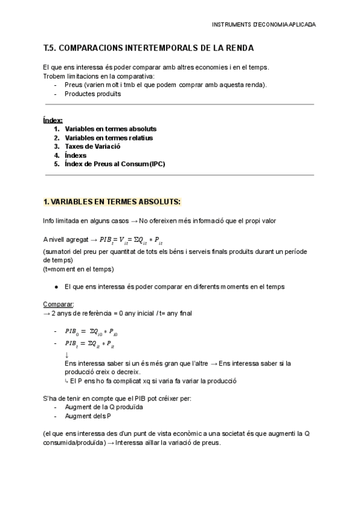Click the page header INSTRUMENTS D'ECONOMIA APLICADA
[264, 25]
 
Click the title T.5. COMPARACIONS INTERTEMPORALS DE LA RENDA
[149, 47]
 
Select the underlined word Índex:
[53, 120]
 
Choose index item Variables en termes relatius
[109, 137]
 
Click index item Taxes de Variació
[92, 146]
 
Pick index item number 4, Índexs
[76, 155]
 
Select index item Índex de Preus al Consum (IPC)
[115, 163]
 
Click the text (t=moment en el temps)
[78, 269]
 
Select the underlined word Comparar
[58, 304]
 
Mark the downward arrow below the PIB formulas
[67, 355]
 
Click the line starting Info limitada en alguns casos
[160, 221]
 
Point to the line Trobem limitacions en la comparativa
[98, 76]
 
